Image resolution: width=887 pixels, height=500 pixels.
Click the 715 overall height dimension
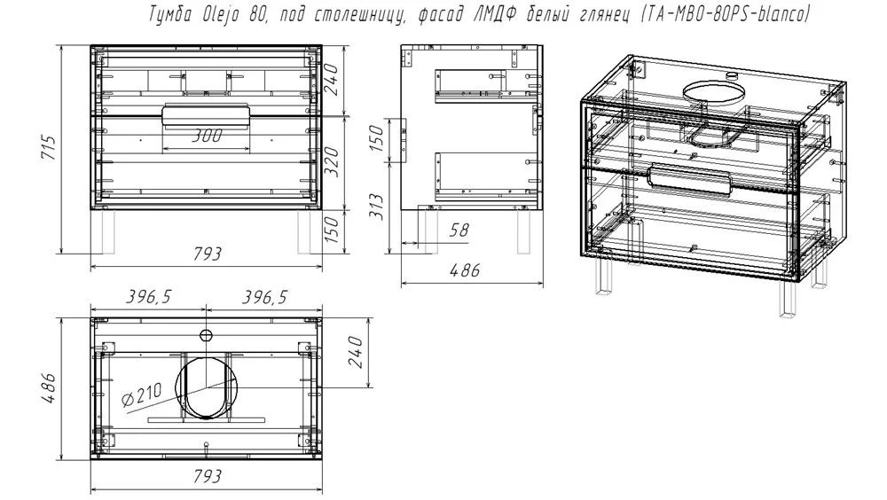coord(49,147)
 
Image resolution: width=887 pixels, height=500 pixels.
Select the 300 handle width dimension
coord(207,135)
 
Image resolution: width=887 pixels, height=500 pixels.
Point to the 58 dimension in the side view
coord(459,230)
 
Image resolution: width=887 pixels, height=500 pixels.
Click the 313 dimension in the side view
coord(376,207)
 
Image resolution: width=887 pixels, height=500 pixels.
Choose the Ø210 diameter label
coord(141,395)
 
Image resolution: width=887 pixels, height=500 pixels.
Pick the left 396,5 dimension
coord(147,296)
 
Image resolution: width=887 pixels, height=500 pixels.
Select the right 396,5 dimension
coord(264,296)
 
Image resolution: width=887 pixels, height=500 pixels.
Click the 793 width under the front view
coord(207,254)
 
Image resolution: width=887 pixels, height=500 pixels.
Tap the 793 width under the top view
coord(207,476)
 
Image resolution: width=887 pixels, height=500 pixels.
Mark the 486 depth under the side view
coord(465,270)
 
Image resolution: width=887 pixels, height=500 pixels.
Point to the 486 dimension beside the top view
coord(49,388)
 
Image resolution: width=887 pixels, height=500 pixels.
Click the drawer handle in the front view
coord(206,115)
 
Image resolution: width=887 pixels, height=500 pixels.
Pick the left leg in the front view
coord(105,232)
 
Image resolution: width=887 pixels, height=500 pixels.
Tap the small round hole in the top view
coord(206,335)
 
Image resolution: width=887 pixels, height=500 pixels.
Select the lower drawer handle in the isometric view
coord(691,179)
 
